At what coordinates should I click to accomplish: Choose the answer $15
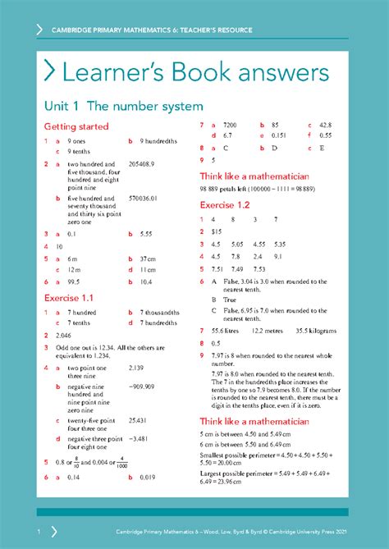click(217, 231)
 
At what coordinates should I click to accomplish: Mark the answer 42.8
click(325, 125)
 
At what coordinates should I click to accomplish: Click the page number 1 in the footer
click(38, 531)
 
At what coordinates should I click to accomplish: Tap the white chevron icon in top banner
click(39, 30)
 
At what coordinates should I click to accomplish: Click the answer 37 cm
click(148, 258)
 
